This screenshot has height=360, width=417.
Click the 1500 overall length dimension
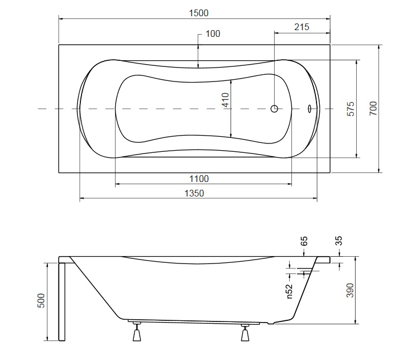coord(199,13)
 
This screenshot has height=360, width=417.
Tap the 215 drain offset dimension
coord(301,27)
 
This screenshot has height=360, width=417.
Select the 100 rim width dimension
coord(213,33)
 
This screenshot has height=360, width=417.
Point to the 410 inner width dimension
coord(226,100)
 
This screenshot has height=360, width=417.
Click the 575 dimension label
coord(351,108)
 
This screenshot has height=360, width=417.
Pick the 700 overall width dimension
coord(373,108)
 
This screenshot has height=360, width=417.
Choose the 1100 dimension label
coord(199,179)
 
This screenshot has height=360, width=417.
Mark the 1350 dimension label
coord(194,193)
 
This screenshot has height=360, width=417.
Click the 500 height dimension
coord(41,300)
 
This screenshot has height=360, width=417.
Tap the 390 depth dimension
coord(350,290)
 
